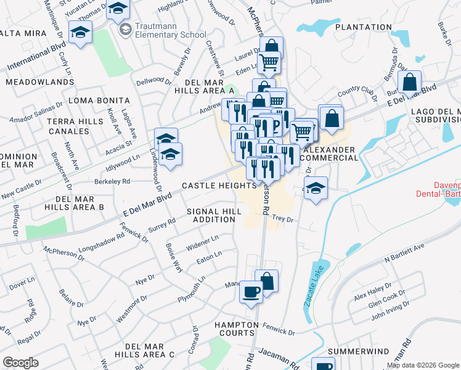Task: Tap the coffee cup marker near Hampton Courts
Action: click(x=251, y=291)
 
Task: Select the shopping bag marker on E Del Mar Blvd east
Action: click(x=409, y=83)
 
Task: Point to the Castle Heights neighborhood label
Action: click(x=219, y=186)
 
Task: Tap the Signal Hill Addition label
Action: click(x=214, y=215)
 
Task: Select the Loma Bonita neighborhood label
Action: click(x=99, y=101)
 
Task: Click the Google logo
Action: click(x=20, y=363)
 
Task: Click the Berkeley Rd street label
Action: click(x=112, y=181)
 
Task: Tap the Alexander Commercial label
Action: click(x=331, y=154)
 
